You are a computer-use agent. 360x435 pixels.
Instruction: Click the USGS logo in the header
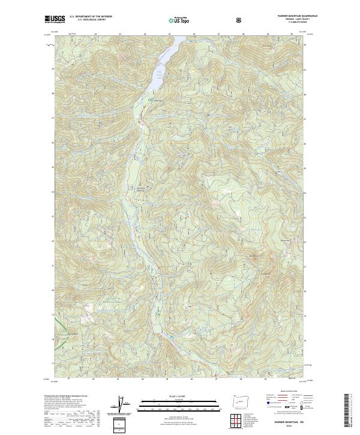(x=55, y=19)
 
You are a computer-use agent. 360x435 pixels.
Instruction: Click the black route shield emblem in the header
(x=240, y=20)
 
